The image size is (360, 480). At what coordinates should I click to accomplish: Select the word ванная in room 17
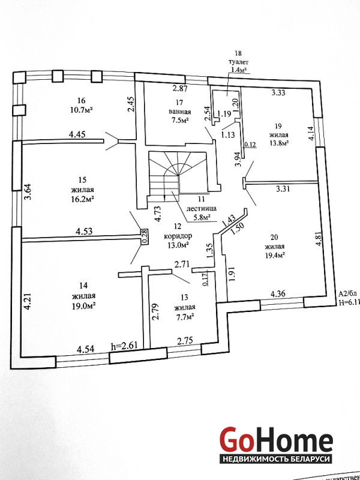click(179, 111)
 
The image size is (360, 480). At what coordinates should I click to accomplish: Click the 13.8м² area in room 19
click(277, 143)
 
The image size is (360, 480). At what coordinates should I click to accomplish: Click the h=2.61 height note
click(125, 346)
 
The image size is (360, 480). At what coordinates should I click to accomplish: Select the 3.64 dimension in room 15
click(27, 192)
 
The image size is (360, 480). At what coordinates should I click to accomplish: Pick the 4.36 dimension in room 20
click(279, 294)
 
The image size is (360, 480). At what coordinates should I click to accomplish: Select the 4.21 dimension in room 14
click(26, 302)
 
